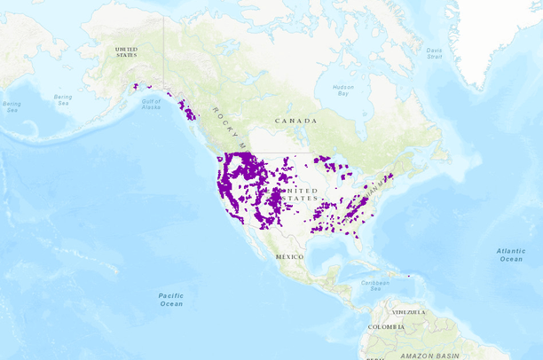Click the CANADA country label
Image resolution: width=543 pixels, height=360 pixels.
click(295, 121)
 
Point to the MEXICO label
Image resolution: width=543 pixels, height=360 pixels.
click(289, 256)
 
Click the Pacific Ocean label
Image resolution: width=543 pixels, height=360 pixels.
click(170, 299)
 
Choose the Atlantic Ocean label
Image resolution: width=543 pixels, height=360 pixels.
click(510, 254)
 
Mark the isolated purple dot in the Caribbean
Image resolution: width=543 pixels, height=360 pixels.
click(409, 277)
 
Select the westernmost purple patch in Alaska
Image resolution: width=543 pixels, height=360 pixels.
click(135, 86)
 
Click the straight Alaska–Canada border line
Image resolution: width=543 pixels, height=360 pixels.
click(163, 53)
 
